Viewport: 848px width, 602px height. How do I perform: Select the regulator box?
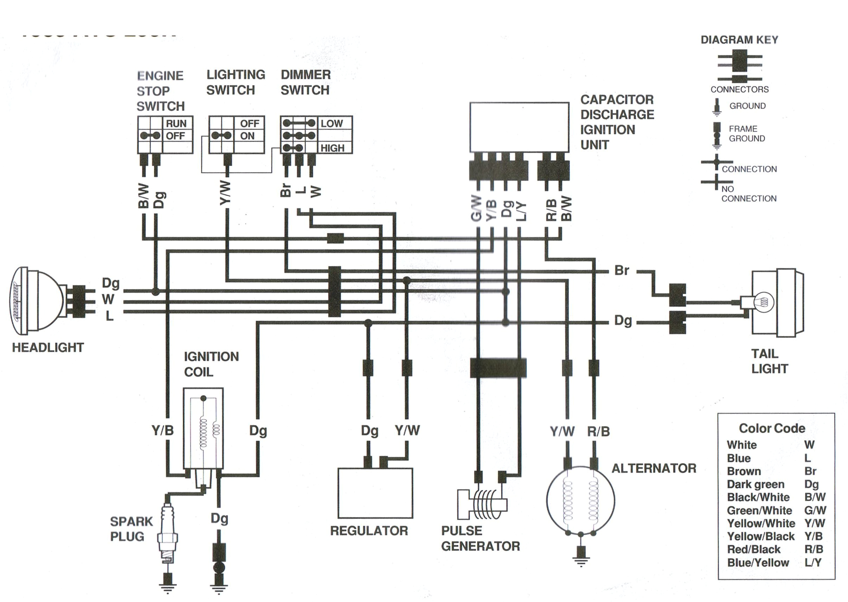(x=375, y=493)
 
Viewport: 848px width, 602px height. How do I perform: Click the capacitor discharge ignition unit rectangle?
(x=519, y=127)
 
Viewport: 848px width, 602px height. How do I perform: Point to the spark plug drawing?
(x=167, y=534)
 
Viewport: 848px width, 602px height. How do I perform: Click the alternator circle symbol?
(x=580, y=500)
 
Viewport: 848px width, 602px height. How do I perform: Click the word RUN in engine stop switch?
(x=176, y=123)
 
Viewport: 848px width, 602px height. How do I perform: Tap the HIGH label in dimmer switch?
(x=332, y=148)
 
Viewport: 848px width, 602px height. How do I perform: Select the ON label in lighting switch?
(x=247, y=136)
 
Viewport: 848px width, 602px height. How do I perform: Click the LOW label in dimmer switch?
(x=332, y=123)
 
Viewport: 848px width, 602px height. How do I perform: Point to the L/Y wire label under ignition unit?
(x=521, y=211)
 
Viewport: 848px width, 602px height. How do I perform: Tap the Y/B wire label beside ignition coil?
(x=162, y=430)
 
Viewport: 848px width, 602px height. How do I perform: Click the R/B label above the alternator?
(x=598, y=431)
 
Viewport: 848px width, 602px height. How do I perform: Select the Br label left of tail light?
(x=621, y=270)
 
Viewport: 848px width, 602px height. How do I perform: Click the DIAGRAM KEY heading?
(x=739, y=40)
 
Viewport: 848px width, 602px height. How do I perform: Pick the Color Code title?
(x=772, y=428)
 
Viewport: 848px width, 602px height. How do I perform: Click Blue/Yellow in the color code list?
(x=758, y=563)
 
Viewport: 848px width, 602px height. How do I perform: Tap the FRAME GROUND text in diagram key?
(x=746, y=133)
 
